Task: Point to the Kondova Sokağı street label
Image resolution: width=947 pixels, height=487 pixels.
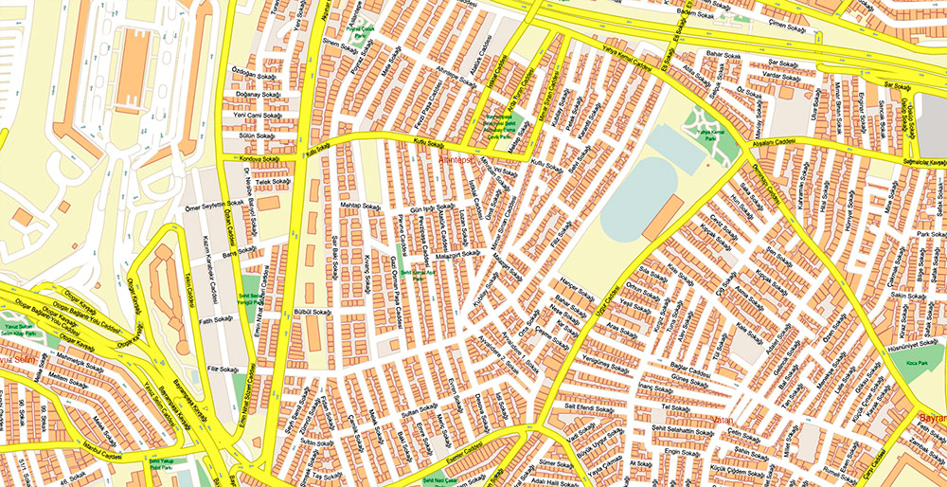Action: (258, 159)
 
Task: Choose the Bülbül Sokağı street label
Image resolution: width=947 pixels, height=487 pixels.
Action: (313, 311)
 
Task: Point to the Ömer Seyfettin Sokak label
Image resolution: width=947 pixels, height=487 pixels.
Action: (216, 202)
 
